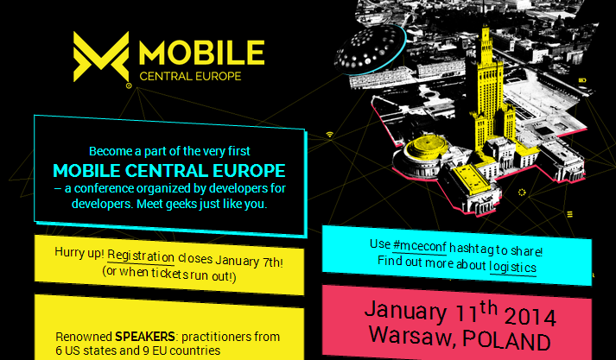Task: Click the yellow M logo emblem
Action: coord(101,57)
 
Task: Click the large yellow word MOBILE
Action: coord(202,53)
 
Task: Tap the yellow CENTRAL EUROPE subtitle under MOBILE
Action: coord(190,76)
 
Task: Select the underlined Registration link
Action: coord(141,256)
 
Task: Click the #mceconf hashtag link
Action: coord(420,247)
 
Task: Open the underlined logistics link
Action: coord(512,268)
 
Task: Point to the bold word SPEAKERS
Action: coord(144,337)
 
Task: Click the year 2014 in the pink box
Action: coord(530,317)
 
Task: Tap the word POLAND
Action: coord(505,340)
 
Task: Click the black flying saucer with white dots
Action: coord(370,48)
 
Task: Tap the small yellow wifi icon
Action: coord(330,135)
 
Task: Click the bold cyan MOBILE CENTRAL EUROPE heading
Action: coord(169,170)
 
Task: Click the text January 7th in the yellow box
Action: coord(248,262)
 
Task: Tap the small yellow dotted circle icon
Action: coord(522,192)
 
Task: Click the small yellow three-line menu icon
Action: coord(569,214)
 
